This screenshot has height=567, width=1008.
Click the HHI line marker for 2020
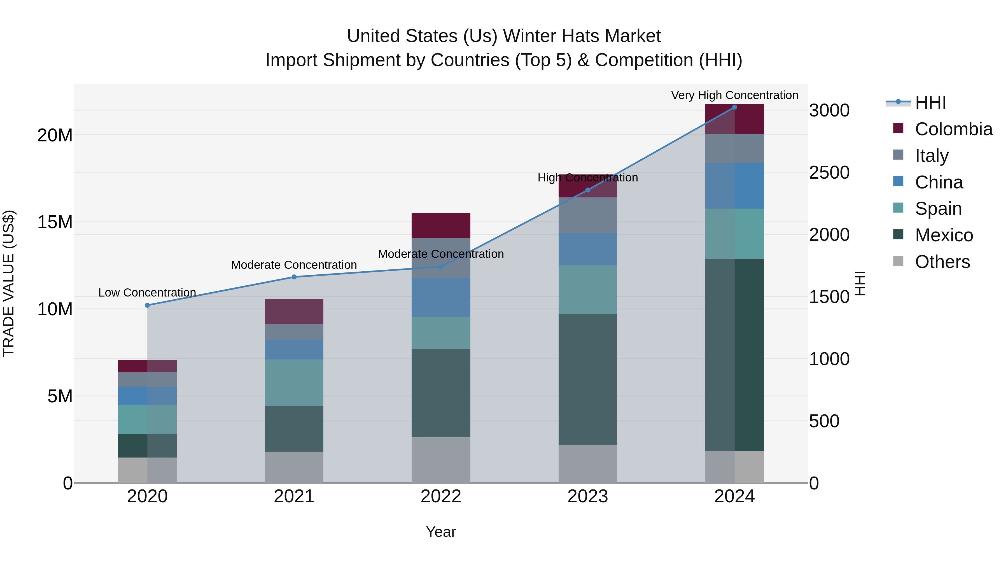pyautogui.click(x=147, y=305)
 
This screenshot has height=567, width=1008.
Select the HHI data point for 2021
pyautogui.click(x=294, y=277)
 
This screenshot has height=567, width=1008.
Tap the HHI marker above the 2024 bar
pyautogui.click(x=734, y=107)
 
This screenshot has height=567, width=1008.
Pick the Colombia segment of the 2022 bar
pyautogui.click(x=441, y=225)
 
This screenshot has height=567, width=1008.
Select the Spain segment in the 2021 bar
pyautogui.click(x=294, y=383)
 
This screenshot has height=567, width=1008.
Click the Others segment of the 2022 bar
pyautogui.click(x=441, y=460)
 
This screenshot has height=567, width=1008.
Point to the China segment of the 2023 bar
pyautogui.click(x=587, y=249)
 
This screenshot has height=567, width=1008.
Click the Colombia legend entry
pyautogui.click(x=953, y=129)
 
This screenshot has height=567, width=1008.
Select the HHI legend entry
pyautogui.click(x=930, y=102)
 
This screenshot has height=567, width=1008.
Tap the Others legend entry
pyautogui.click(x=942, y=262)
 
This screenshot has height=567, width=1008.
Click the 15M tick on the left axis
pyautogui.click(x=55, y=222)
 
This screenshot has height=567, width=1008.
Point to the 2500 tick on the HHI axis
pyautogui.click(x=829, y=172)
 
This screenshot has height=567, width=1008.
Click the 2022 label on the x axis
pyautogui.click(x=441, y=496)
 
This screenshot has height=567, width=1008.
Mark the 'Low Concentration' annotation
pyautogui.click(x=147, y=293)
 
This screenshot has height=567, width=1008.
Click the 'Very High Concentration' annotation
pyautogui.click(x=734, y=95)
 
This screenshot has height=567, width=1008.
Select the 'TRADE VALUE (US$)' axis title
pyautogui.click(x=9, y=283)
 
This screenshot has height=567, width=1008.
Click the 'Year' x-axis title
pyautogui.click(x=441, y=532)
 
